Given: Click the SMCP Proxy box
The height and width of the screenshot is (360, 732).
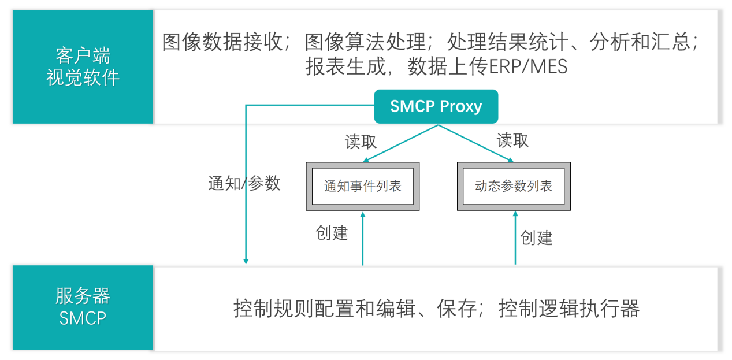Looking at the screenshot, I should point(436,106).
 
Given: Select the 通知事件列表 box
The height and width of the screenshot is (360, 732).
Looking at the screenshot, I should point(362,186).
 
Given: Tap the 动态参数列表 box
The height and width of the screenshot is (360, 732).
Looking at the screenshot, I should point(514,186).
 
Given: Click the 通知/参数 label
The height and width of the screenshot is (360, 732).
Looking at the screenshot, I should point(244,183).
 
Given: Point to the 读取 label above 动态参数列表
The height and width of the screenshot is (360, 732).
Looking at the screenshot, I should point(512,140).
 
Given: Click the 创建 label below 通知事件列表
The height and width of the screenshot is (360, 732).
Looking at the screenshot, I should point(332,233).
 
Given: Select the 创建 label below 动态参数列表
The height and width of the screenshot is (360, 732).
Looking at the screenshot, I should point(536,237).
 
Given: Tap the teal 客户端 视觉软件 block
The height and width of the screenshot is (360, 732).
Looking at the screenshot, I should point(83,67).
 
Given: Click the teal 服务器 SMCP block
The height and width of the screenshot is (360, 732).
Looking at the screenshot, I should point(83,307).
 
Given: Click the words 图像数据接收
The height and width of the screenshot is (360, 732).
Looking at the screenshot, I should point(222,42).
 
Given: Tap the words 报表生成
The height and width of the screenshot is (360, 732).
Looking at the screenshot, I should point(344,67).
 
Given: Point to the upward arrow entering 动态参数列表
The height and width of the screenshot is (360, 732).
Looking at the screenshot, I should point(515,237).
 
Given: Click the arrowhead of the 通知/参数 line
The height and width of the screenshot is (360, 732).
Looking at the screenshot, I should point(246,261).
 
